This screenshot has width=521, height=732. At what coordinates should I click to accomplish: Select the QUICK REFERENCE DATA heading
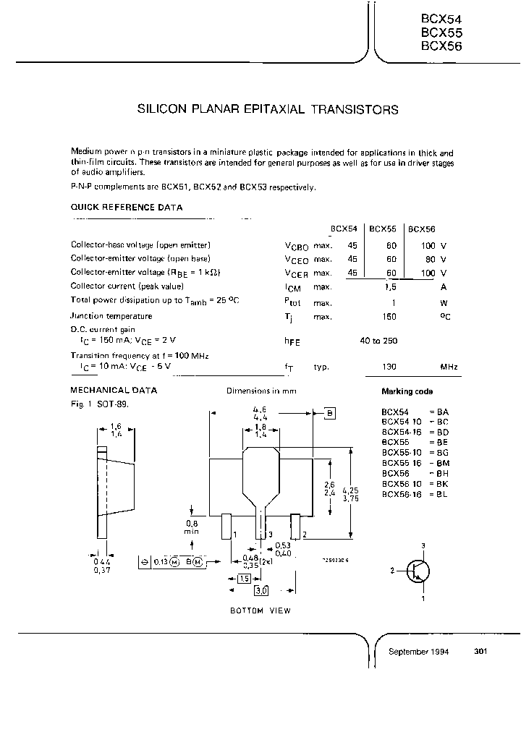click(127, 208)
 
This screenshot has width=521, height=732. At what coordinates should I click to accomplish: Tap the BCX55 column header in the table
click(382, 229)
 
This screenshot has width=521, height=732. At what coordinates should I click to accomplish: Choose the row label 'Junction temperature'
click(111, 316)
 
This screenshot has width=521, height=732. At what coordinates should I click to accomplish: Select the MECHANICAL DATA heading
click(114, 391)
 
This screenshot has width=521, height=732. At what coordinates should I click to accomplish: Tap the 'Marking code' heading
click(407, 391)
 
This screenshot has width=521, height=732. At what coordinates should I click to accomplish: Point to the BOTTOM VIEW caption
click(260, 611)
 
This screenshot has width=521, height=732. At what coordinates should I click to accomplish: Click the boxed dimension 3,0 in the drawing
click(260, 591)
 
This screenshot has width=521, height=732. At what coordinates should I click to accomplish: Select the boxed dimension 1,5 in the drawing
click(244, 579)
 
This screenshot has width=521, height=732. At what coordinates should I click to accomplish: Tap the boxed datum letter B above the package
click(330, 413)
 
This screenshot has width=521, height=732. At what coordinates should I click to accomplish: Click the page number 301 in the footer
click(480, 652)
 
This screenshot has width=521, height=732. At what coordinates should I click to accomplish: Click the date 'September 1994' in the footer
click(419, 652)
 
